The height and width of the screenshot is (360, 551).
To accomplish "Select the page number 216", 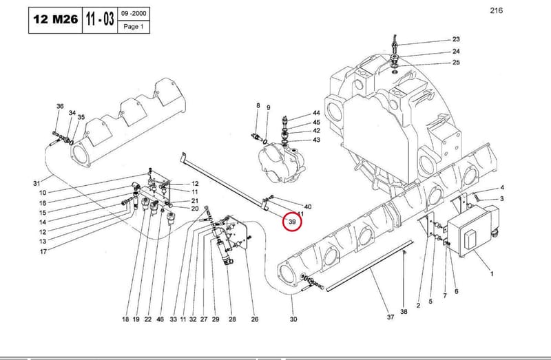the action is [496, 10].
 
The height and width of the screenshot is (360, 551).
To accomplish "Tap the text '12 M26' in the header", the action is [56, 19].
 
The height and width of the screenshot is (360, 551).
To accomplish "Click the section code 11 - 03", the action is [100, 19].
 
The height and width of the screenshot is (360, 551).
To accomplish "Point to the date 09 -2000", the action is [134, 13].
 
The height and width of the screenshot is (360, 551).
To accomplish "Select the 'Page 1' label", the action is [134, 26].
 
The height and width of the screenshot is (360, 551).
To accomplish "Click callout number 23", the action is [456, 39].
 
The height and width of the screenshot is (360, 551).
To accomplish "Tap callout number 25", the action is [456, 63].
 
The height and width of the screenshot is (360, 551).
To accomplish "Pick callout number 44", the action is [316, 113].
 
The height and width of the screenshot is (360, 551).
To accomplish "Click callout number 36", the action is [60, 106].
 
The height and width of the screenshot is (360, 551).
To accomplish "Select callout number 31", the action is [37, 183].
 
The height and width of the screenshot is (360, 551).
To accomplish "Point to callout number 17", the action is [43, 251].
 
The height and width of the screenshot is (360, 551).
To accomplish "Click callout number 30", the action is [293, 319].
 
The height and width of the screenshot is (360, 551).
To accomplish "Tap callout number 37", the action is [391, 317].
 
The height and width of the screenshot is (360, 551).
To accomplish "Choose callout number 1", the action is [492, 273].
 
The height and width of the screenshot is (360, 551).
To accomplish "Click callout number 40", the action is [307, 207].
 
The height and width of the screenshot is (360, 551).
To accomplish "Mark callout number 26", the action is [255, 319].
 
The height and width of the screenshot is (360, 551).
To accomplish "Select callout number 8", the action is [258, 105].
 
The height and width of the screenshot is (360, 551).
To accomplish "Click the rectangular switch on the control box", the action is [470, 240].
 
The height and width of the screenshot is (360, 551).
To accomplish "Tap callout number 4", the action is [502, 187].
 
